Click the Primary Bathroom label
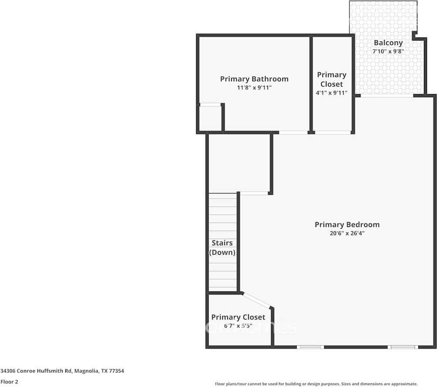point(254,79)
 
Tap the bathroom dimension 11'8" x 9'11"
point(254,88)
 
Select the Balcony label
point(388,43)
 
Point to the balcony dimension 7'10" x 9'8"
point(388,51)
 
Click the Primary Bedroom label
point(347,225)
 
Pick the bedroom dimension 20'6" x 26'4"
point(347,233)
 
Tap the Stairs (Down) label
point(222,247)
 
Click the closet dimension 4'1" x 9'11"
point(332,93)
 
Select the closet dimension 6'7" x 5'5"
point(238,325)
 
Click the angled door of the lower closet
point(257,301)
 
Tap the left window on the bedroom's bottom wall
point(310,347)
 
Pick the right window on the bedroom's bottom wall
point(403,347)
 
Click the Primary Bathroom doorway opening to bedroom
point(293,132)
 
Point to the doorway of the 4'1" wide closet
point(333,132)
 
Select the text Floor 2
point(9,382)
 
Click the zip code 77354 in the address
point(116,371)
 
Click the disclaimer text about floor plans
point(316,384)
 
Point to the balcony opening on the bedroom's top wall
point(387,95)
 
